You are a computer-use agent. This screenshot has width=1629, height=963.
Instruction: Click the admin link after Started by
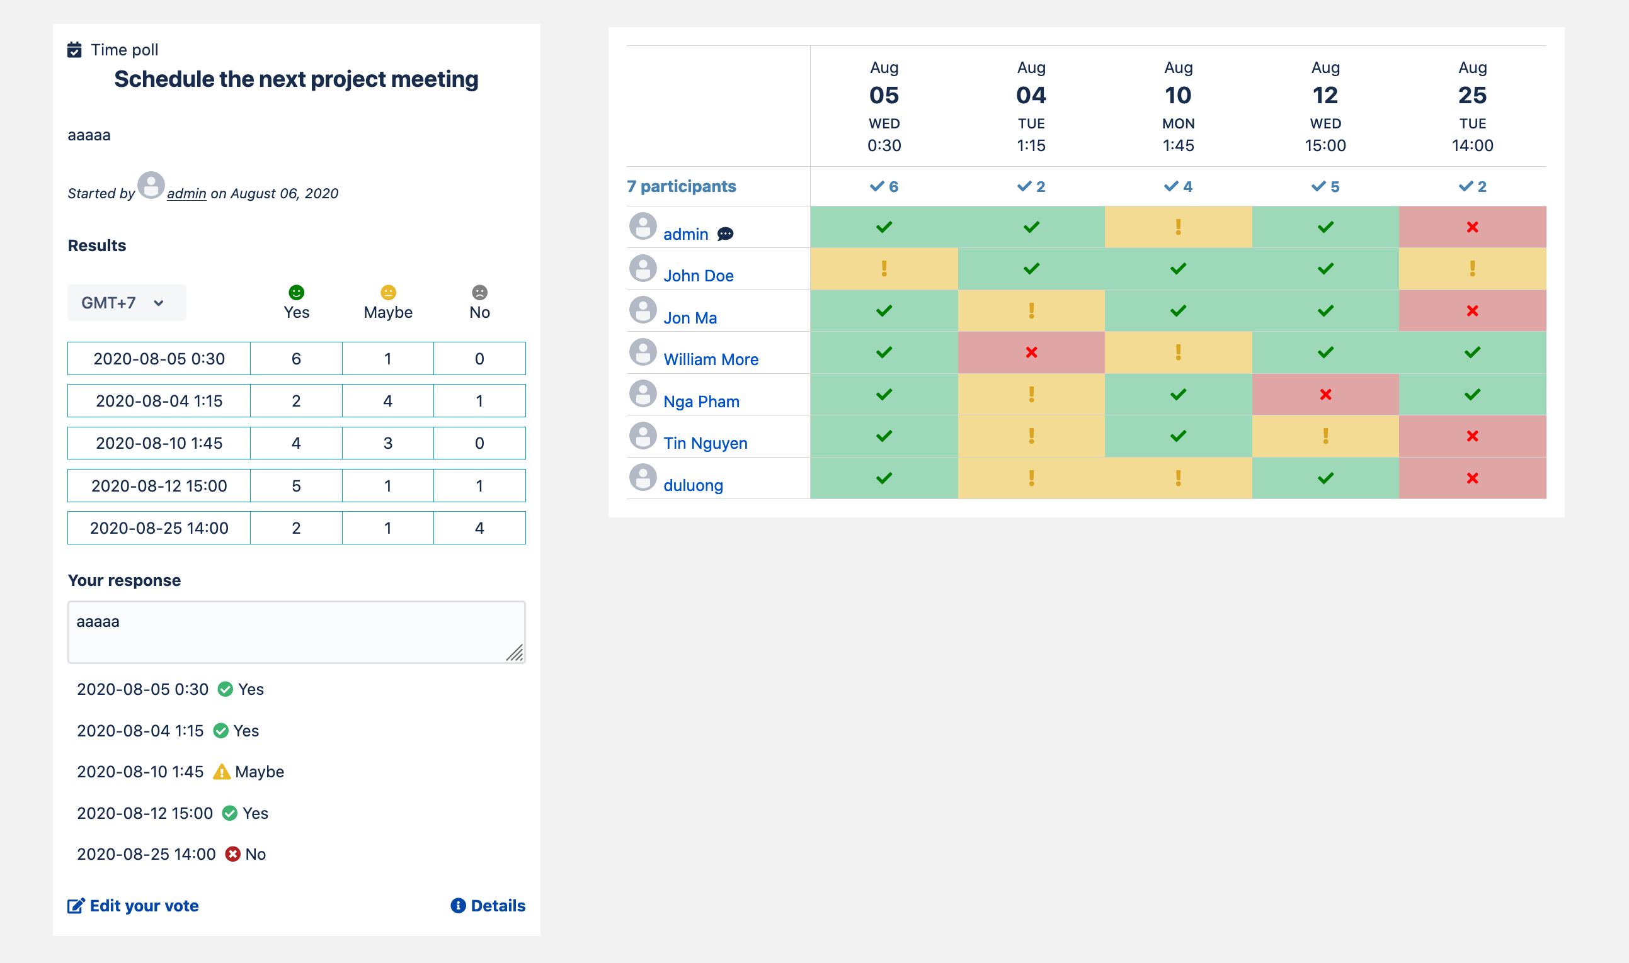tap(186, 193)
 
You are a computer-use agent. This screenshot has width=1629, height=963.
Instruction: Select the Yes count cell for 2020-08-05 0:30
tap(296, 359)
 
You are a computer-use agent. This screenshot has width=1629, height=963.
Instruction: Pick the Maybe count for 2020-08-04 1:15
tap(387, 401)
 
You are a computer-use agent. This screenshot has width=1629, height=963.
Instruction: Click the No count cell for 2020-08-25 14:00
tap(479, 528)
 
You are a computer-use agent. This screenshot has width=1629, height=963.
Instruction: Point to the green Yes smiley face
tap(296, 293)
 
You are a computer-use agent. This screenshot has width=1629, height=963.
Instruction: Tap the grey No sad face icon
tap(479, 293)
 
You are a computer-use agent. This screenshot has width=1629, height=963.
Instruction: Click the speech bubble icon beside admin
tap(725, 234)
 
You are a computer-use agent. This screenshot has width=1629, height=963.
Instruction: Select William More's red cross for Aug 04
tap(1031, 352)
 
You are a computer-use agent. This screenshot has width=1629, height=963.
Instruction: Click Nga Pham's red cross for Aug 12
tap(1325, 395)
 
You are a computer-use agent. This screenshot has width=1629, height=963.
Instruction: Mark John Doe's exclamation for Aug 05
tap(884, 269)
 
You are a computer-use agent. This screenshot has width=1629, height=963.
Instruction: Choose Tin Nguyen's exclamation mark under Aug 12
tap(1325, 436)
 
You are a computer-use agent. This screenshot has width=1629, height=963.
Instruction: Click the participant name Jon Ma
tap(690, 318)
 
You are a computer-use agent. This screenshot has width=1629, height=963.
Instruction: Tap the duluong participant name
tap(693, 485)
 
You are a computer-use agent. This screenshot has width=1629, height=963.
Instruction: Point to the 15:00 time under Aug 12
tap(1325, 145)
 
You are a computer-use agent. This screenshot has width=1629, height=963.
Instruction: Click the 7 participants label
tap(681, 187)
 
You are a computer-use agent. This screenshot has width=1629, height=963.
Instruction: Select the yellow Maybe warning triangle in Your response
tap(221, 772)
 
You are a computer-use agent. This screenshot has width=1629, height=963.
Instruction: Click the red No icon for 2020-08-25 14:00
tap(232, 854)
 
